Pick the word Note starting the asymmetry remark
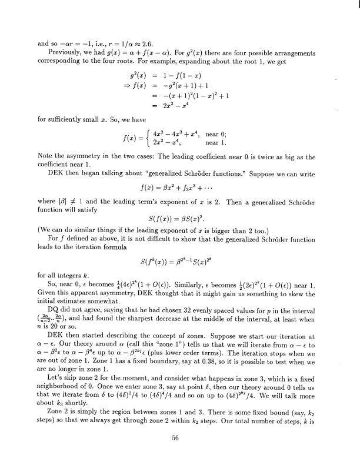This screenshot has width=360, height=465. tap(48, 156)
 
